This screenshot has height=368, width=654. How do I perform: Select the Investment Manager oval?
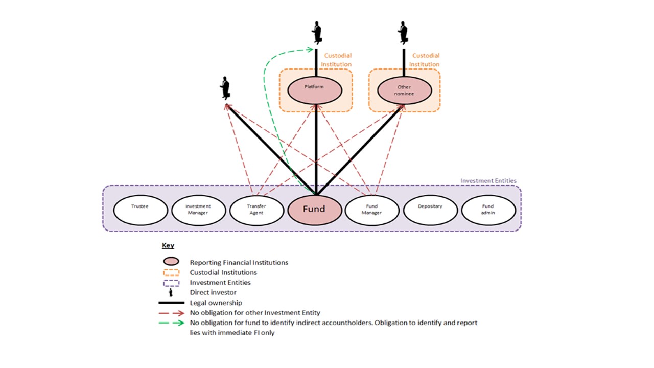point(198,209)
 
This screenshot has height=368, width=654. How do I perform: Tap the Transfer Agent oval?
point(256,209)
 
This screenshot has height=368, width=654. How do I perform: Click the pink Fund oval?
point(314,209)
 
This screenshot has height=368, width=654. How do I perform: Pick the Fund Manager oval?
point(372,209)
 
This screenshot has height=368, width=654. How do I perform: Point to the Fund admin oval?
point(488,209)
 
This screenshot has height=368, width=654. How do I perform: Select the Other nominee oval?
point(404,90)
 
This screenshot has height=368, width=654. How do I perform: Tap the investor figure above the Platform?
point(317,33)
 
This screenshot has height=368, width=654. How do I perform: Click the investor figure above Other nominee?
point(404,33)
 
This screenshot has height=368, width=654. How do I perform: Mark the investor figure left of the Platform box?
point(225,88)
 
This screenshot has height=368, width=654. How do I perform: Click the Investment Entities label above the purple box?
point(488,181)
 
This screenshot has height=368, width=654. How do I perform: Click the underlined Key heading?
point(168,246)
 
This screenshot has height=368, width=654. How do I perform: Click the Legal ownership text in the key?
point(215,303)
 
